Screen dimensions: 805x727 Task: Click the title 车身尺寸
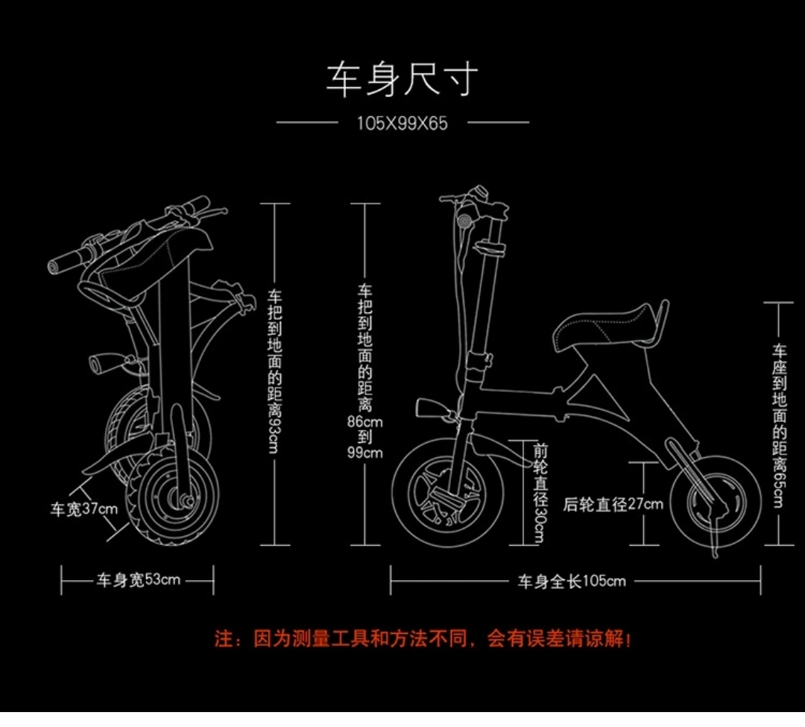click(402, 79)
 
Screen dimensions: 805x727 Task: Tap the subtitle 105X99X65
click(402, 123)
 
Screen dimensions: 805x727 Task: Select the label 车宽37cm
click(83, 510)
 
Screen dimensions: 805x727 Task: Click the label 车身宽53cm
click(138, 580)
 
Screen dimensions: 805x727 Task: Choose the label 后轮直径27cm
click(613, 505)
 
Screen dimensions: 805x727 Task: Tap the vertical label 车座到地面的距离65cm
click(780, 425)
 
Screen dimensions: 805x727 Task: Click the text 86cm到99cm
click(365, 436)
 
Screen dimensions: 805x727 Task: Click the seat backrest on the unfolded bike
click(662, 321)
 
